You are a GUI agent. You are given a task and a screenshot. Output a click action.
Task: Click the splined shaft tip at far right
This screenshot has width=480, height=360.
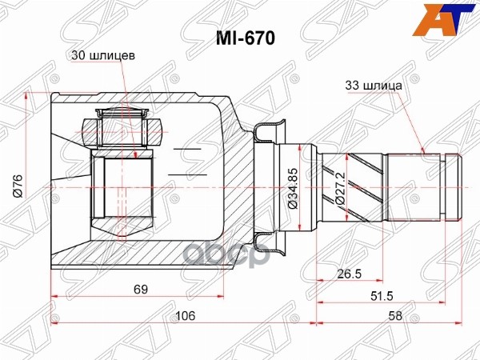[453, 186]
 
